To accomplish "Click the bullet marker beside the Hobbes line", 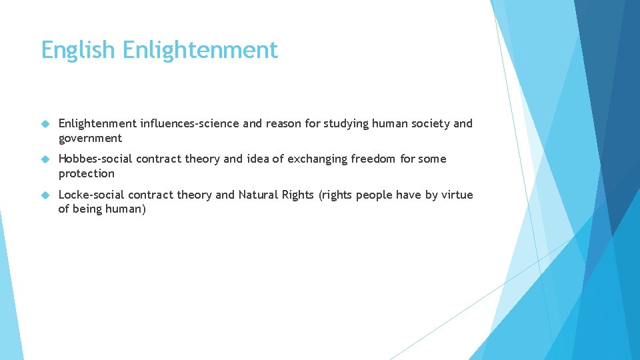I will click(x=45, y=159).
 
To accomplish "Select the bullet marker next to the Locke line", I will click(x=45, y=195).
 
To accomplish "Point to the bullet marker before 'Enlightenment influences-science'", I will click(x=45, y=124).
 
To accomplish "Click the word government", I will click(x=90, y=139).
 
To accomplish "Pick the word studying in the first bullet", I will click(x=330, y=123).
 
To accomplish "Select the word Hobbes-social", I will click(x=95, y=159).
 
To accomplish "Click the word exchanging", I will click(x=316, y=159).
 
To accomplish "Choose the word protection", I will click(x=87, y=173).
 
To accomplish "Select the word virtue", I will click(x=457, y=195).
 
